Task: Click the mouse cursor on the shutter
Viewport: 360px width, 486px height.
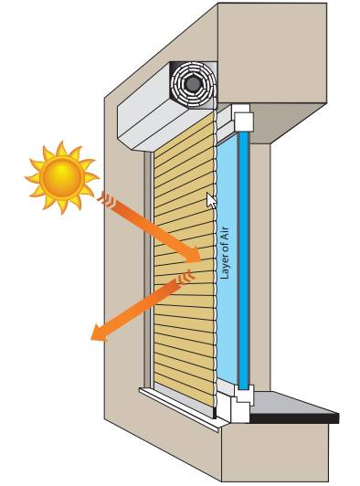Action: pos(212,201)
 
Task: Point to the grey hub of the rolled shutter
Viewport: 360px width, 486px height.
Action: pos(193,85)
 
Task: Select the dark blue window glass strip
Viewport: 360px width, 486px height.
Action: pos(242,256)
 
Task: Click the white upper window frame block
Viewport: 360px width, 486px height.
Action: pos(243,119)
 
